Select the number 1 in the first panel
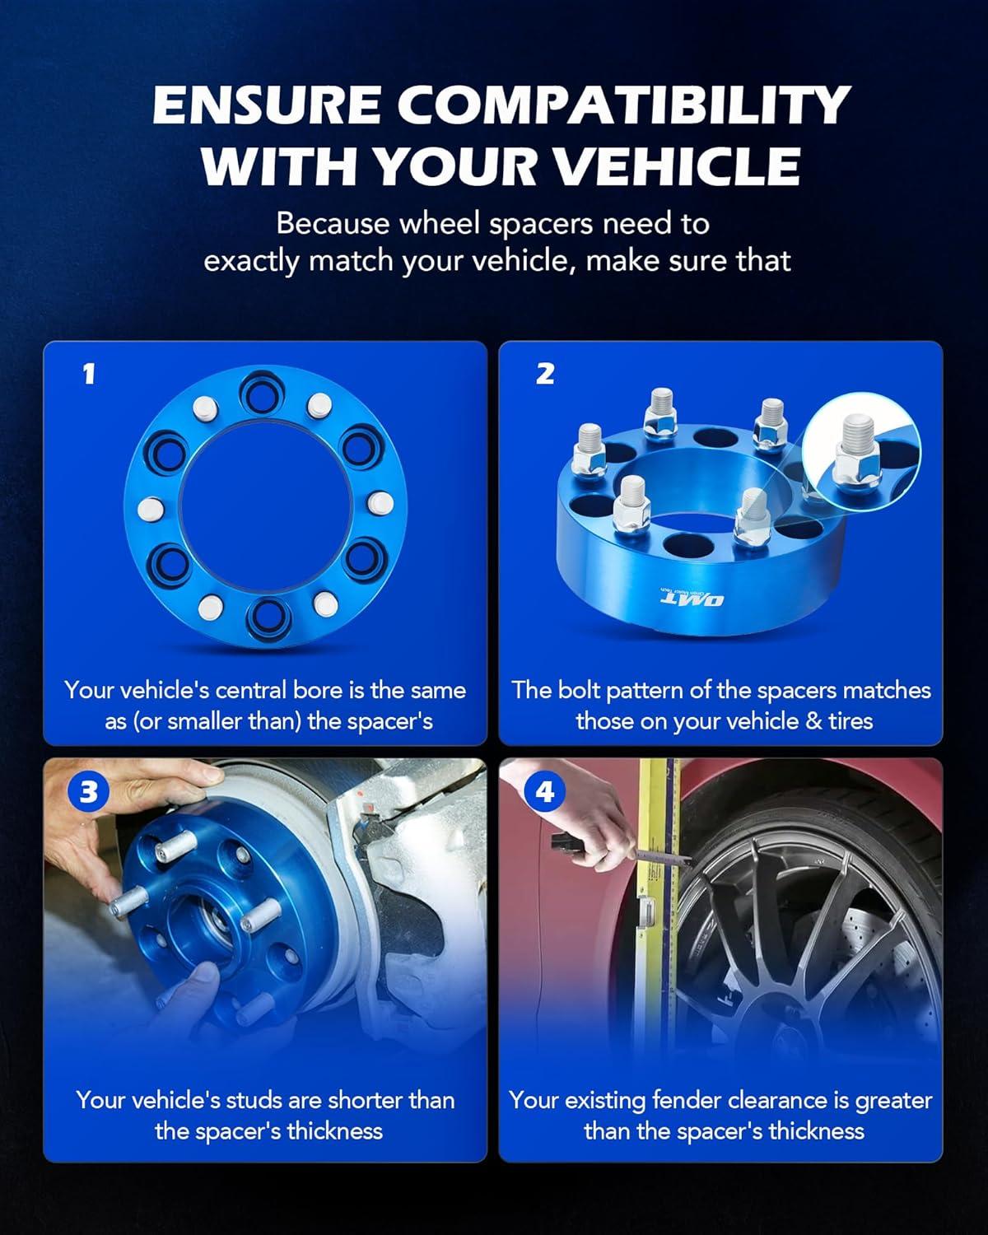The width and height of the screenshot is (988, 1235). [x=88, y=375]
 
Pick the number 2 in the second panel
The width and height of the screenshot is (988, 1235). [x=545, y=374]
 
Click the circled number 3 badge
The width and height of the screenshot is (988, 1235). [x=88, y=793]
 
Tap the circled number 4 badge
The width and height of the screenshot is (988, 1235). [x=545, y=793]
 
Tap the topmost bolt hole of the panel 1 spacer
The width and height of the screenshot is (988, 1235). [x=263, y=393]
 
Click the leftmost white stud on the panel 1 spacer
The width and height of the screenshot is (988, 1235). [x=151, y=509]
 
